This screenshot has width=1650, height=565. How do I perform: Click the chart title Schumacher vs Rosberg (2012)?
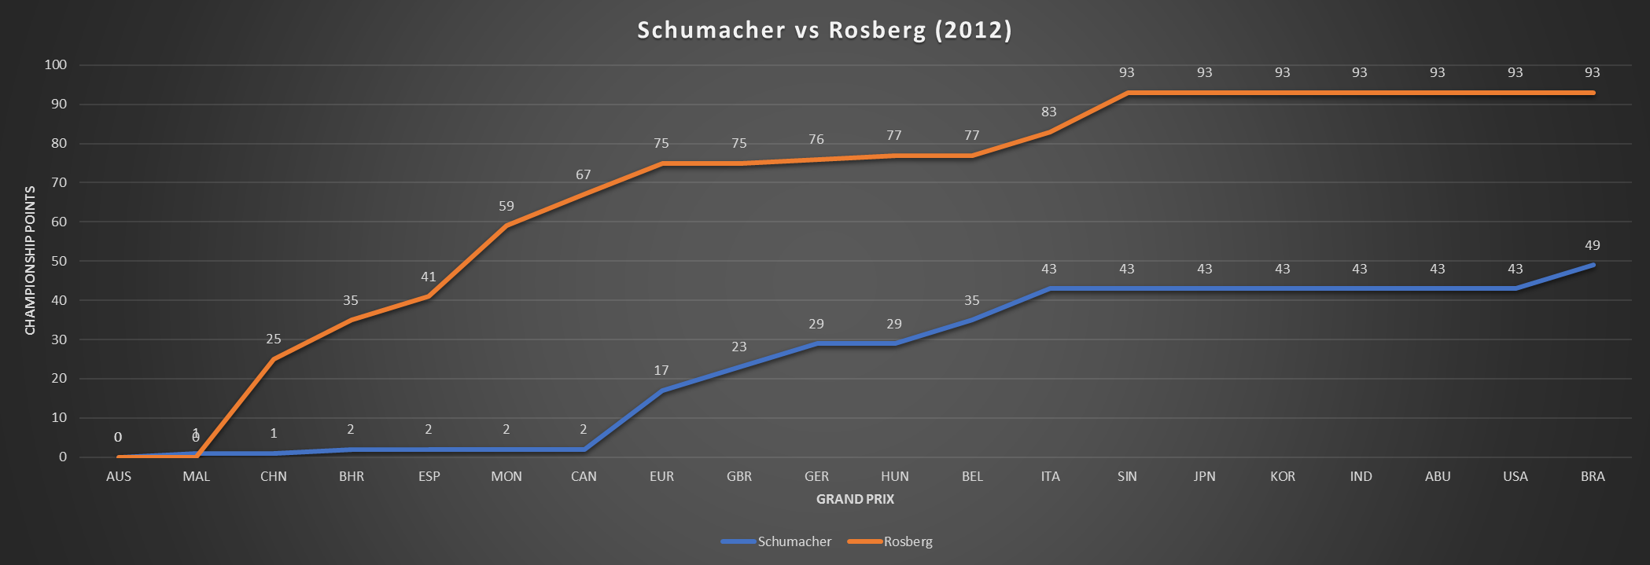click(x=824, y=30)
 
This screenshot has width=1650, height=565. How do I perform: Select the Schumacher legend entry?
click(x=794, y=541)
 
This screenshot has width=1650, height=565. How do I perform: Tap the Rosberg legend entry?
click(x=908, y=541)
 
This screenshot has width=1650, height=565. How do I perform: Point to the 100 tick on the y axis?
click(x=56, y=65)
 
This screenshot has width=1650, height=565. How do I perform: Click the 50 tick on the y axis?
click(x=59, y=261)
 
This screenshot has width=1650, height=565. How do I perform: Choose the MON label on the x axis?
click(x=506, y=476)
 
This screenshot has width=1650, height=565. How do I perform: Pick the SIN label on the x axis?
click(x=1127, y=476)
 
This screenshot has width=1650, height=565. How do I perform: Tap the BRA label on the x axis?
click(x=1593, y=476)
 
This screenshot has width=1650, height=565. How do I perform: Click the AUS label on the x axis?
click(x=119, y=476)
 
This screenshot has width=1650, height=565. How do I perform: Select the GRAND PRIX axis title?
click(x=855, y=499)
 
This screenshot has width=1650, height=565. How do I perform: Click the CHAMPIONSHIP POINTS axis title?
click(x=31, y=260)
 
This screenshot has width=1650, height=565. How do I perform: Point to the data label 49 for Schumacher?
click(x=1593, y=245)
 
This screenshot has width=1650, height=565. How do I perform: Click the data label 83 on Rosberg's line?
click(x=1049, y=112)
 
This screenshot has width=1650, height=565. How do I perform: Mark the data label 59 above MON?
click(x=506, y=206)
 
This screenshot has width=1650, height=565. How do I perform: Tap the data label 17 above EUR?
click(x=661, y=370)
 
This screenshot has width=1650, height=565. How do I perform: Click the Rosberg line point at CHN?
click(x=274, y=359)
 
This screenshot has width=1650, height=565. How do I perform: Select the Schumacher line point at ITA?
click(x=1049, y=288)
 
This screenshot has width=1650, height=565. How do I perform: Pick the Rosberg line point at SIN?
click(x=1127, y=93)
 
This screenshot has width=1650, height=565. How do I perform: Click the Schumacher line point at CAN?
click(x=584, y=449)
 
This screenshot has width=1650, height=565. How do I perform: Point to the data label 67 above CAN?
click(x=584, y=174)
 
